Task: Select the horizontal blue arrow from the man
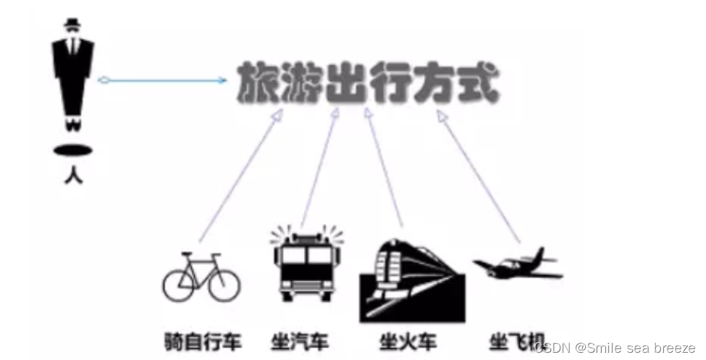pos(163,79)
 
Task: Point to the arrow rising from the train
pos(383,170)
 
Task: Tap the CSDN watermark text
pos(614,348)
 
